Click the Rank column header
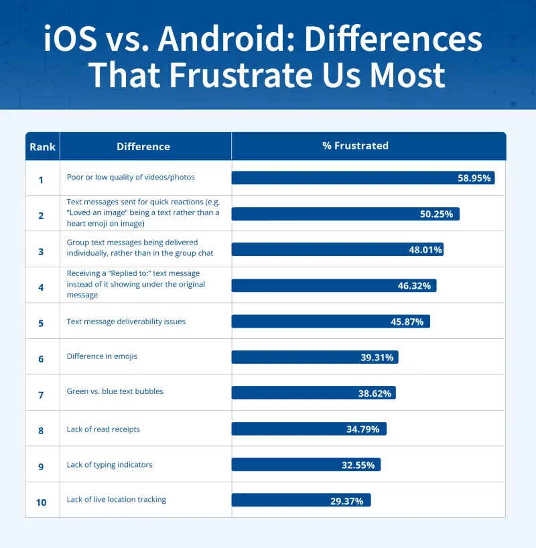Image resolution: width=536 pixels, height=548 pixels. [x=42, y=147]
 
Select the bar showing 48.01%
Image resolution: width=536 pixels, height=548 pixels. [x=337, y=250]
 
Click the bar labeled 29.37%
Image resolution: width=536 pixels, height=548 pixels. [x=301, y=500]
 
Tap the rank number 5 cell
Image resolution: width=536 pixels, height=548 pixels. [x=41, y=322]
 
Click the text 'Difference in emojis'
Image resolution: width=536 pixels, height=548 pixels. [x=102, y=356]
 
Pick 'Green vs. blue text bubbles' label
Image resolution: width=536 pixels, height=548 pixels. [x=115, y=392]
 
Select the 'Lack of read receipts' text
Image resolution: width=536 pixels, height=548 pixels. [x=103, y=429]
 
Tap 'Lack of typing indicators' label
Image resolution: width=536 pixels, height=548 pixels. [x=109, y=464]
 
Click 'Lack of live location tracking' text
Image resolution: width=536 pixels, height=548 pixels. [x=117, y=500]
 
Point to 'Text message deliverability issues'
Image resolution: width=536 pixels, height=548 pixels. [x=126, y=322]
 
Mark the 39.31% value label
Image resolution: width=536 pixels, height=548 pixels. [x=377, y=358]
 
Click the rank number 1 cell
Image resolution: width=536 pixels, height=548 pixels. [x=41, y=179]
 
